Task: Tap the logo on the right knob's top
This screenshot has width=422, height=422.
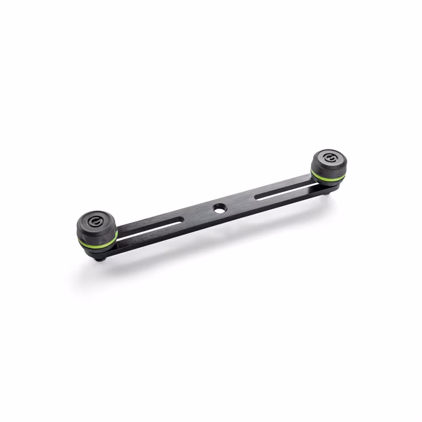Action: pos(329,158)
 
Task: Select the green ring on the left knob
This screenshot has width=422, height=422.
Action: pos(97,243)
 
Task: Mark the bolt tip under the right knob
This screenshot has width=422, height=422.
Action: pos(334,190)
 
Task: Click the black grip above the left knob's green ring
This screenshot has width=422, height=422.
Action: pos(97,233)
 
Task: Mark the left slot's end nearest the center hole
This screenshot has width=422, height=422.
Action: pos(180,221)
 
